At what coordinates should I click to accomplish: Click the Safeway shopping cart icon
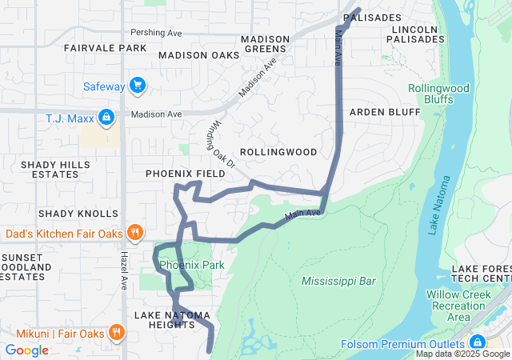(138, 86)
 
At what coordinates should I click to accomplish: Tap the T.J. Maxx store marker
(106, 119)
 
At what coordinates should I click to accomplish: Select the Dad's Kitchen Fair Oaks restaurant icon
(135, 234)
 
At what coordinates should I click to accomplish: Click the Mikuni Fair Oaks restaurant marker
(117, 331)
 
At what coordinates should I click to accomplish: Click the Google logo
(26, 350)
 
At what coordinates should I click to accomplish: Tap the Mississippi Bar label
(338, 281)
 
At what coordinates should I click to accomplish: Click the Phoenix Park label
(191, 265)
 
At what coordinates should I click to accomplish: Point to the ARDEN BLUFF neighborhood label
(385, 112)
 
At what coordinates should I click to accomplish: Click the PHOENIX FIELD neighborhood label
(185, 174)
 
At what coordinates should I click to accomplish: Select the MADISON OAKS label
(198, 55)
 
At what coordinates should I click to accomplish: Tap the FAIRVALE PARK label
(106, 48)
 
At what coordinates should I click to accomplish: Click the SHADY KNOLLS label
(78, 214)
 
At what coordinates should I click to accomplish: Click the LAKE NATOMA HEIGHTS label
(166, 318)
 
